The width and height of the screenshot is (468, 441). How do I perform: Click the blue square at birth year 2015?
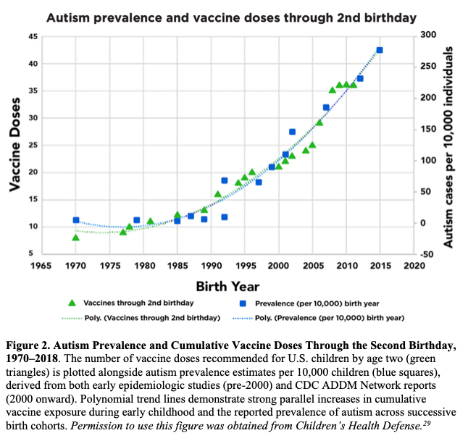(x=380, y=50)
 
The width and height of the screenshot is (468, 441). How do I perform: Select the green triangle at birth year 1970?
(x=75, y=238)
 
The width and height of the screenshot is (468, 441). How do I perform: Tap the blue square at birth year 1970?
(x=75, y=220)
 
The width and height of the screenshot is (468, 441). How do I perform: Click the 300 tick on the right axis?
(x=428, y=35)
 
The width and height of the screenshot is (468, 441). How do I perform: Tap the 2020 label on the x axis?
(x=414, y=266)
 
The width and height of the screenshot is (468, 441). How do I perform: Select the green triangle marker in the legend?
(x=72, y=303)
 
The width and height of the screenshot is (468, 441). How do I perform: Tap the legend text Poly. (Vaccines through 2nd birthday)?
(x=152, y=318)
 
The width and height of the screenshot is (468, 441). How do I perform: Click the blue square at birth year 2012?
(x=360, y=78)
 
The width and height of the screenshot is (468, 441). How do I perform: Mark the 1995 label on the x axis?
(x=245, y=266)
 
